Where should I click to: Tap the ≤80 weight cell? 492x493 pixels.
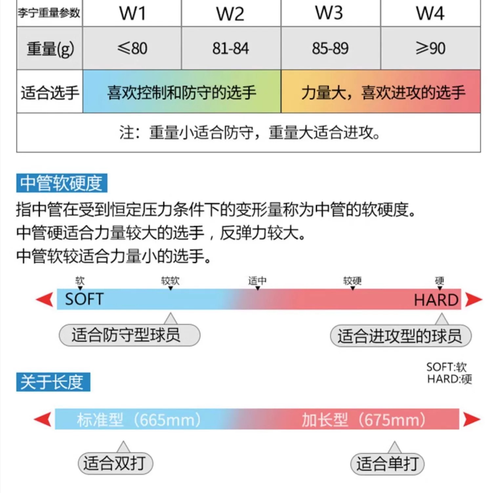pos(132,48)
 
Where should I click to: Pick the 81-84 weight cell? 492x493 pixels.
pos(231,48)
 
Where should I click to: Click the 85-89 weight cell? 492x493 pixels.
pos(330,48)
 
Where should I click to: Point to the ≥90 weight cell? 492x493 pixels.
pos(430,48)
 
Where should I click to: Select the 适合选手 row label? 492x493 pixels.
pos(50,92)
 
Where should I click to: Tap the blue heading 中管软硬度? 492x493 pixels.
pos(62,183)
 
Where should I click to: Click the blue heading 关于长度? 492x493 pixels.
pos(53,382)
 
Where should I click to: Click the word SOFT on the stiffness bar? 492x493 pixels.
pos(84,299)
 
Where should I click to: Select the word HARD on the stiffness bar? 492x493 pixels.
pos(436,300)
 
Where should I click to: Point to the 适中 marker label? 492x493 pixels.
pos(257,281)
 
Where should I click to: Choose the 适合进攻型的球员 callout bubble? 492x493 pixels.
pos(400,336)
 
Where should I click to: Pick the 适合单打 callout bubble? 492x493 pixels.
pos(387,464)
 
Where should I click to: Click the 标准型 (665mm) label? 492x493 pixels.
pos(139,420)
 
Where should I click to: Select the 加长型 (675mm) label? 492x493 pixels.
pos(364,420)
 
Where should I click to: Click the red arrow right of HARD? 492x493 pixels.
pos(474,299)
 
